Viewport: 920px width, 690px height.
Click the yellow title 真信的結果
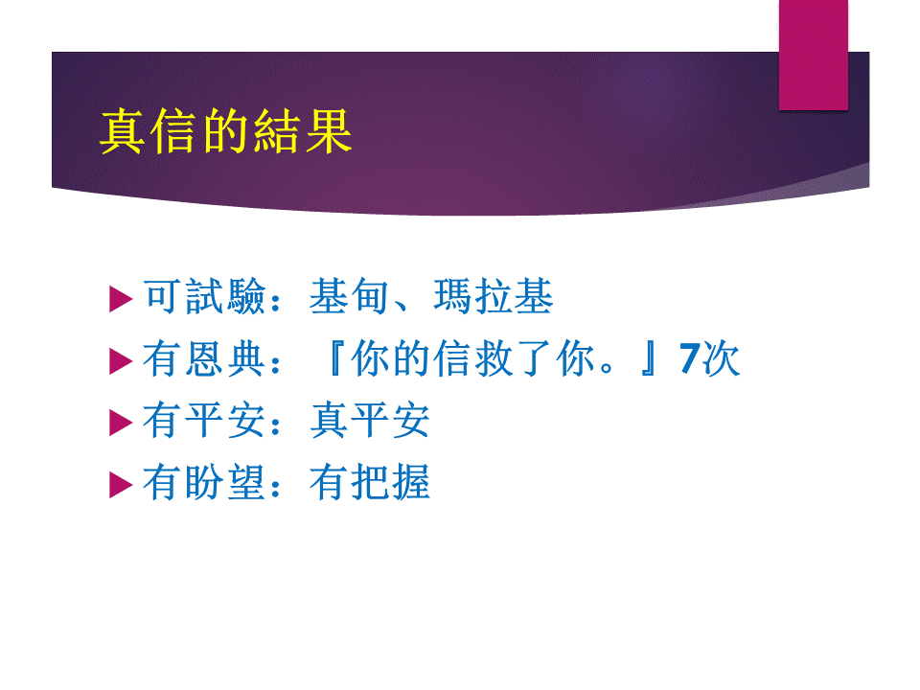(226, 131)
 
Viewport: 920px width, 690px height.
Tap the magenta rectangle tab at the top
(814, 55)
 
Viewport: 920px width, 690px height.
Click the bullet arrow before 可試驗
(121, 299)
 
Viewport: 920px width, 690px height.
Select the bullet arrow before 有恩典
(121, 361)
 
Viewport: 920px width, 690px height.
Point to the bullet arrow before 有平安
(121, 423)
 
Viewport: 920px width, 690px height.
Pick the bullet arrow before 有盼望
(121, 485)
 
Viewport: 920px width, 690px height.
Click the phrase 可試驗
(205, 296)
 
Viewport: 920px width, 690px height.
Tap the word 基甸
(350, 296)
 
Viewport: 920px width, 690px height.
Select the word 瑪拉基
(494, 296)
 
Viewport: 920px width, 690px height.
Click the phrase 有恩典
(205, 358)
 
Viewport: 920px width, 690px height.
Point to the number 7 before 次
(690, 358)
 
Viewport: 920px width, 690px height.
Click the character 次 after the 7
(721, 358)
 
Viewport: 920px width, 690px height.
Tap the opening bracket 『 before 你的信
(335, 358)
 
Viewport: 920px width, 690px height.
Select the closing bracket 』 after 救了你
(649, 358)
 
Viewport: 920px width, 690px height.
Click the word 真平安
(370, 420)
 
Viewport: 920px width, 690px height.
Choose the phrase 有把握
(370, 482)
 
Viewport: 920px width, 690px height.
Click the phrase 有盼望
(205, 482)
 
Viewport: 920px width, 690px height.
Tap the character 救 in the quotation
(494, 358)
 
